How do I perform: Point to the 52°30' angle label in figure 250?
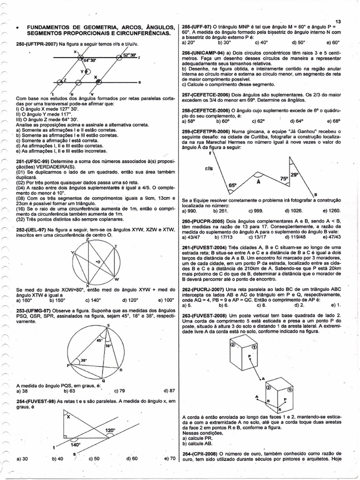129,55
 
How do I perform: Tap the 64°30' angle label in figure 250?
90,60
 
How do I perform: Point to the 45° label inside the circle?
99,341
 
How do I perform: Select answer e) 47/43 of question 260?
334,237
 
